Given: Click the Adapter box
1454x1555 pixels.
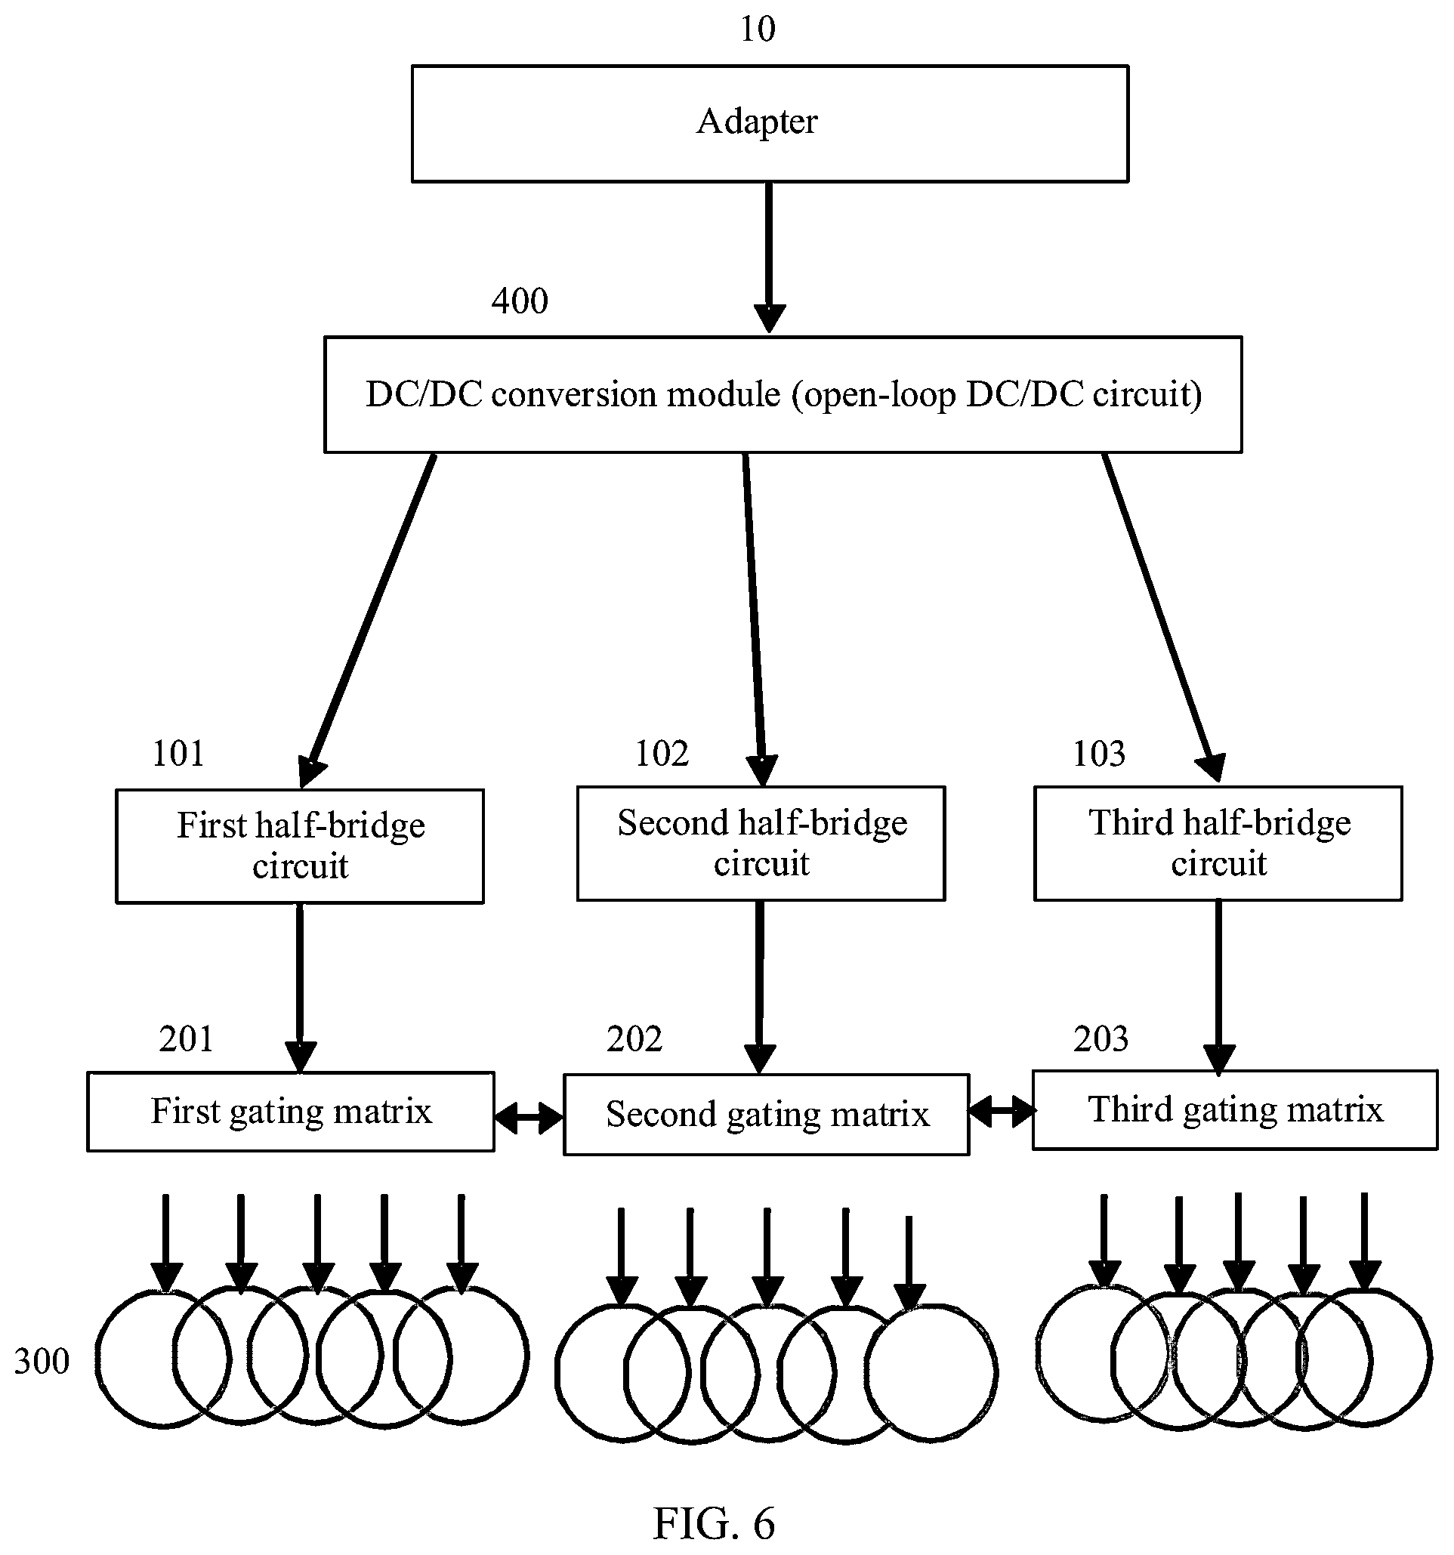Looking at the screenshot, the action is [770, 124].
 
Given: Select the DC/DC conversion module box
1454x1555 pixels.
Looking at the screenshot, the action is [783, 394].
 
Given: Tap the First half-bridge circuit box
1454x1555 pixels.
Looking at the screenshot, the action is [300, 847].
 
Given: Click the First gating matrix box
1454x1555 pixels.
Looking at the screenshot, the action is [290, 1112].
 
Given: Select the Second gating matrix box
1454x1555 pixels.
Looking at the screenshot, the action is [767, 1115].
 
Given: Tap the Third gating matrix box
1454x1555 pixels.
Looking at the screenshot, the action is [1235, 1110].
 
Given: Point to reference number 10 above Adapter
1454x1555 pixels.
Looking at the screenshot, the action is [757, 29].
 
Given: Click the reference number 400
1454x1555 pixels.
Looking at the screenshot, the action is [520, 301].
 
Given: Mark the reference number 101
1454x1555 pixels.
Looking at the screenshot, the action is [178, 754].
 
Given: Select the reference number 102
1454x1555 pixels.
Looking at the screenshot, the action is [662, 754].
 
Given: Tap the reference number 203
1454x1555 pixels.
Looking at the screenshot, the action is [1101, 1039].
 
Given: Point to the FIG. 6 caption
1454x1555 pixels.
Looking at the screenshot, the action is [713, 1523].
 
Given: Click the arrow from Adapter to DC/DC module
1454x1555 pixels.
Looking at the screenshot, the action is [769, 258].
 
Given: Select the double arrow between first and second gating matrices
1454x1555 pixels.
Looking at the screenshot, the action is [529, 1118].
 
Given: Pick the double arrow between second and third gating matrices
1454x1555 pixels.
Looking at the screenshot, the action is [1002, 1110].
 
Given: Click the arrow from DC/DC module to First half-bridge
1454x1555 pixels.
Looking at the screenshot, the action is [369, 620].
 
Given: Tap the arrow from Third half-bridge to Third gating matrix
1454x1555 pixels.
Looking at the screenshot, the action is [1218, 988].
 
